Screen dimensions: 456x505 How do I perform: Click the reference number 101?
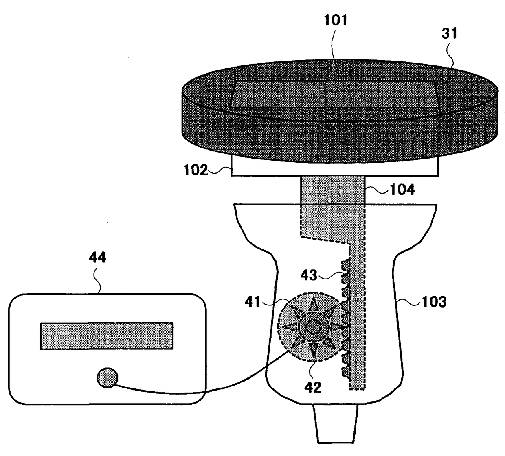click(x=335, y=20)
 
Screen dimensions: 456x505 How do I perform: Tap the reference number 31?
click(x=450, y=33)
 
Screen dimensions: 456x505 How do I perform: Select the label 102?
click(x=195, y=170)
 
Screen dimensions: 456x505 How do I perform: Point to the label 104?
click(x=402, y=189)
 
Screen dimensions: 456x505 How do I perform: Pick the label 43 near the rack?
click(x=309, y=275)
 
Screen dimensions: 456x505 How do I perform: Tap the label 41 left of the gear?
click(x=253, y=302)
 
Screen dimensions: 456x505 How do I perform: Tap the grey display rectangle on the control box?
click(x=107, y=336)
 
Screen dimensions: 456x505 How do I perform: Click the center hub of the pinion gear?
click(x=312, y=326)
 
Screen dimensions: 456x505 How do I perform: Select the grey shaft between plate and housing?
click(x=332, y=190)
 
